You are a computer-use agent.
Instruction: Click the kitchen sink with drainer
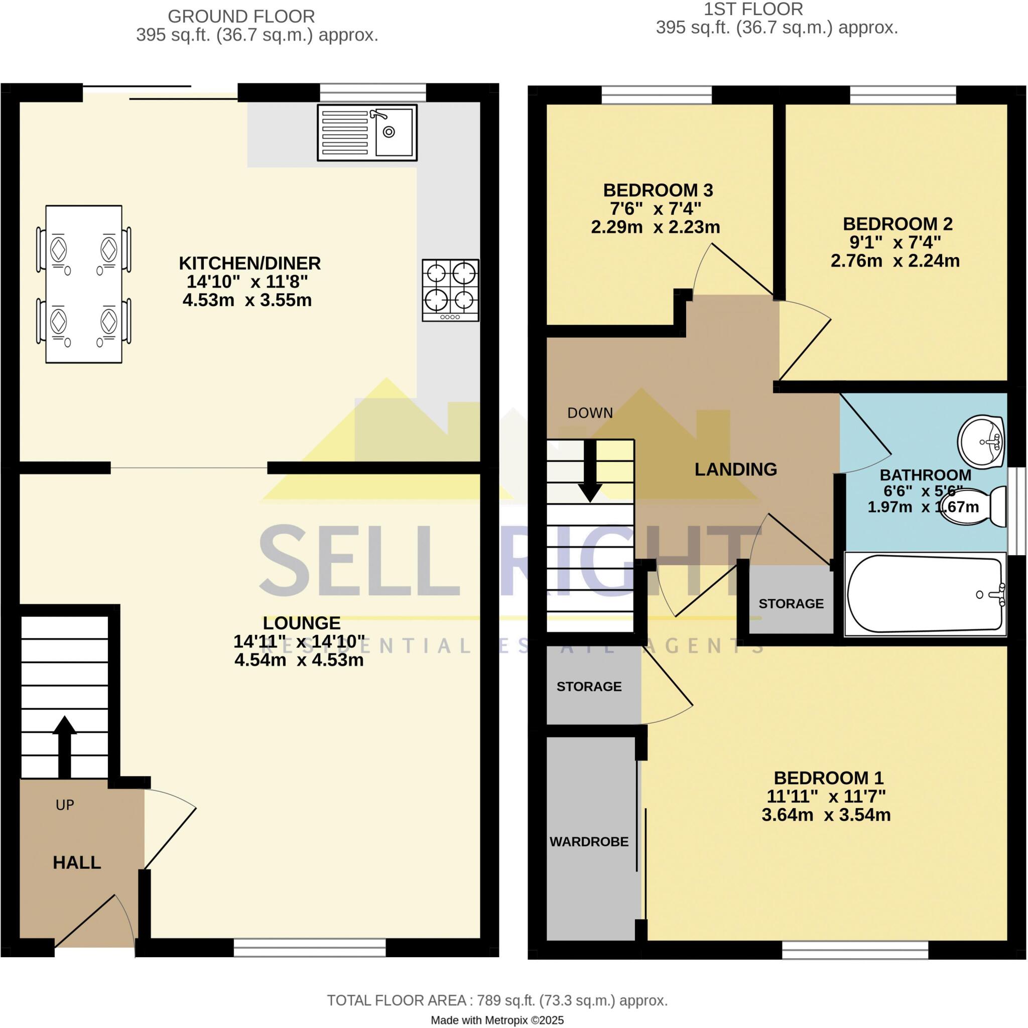point(367,133)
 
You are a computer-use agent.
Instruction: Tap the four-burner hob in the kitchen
point(450,290)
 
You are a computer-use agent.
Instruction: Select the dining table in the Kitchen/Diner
point(83,284)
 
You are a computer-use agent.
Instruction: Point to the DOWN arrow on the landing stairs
point(590,471)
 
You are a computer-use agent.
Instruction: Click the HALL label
point(77,862)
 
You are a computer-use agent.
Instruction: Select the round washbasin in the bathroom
point(981,442)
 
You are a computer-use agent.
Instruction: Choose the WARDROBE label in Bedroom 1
point(589,842)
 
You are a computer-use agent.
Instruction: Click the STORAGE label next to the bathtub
point(791,603)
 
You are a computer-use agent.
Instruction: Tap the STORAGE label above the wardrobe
point(589,686)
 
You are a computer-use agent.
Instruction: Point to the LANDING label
point(735,469)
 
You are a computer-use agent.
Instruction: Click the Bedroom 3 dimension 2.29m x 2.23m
point(655,227)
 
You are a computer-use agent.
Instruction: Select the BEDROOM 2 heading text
point(897,223)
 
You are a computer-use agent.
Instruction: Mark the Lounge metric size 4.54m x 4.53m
point(299,660)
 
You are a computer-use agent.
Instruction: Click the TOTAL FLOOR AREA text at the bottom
point(497,1000)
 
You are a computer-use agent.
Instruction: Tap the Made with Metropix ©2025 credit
point(497,1020)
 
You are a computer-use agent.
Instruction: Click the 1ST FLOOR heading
point(753,9)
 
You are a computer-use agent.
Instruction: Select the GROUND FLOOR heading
point(241,17)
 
